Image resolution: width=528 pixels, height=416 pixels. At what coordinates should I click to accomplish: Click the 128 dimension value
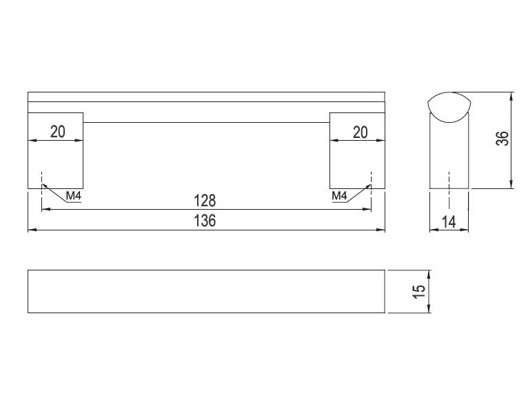(205, 201)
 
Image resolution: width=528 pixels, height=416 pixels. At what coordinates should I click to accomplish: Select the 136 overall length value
(205, 221)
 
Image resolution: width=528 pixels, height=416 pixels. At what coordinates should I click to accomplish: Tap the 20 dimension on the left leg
(58, 132)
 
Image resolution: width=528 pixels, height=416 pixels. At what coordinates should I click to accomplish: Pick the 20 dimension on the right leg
(360, 132)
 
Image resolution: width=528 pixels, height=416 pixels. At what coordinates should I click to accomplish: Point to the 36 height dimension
(502, 138)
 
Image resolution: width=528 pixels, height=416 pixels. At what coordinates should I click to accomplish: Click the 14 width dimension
(449, 222)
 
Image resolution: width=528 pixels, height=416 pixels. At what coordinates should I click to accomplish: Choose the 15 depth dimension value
(418, 291)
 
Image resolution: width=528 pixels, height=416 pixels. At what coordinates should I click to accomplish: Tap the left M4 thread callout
(73, 195)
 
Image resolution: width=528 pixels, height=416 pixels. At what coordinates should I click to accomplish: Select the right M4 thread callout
(339, 195)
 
